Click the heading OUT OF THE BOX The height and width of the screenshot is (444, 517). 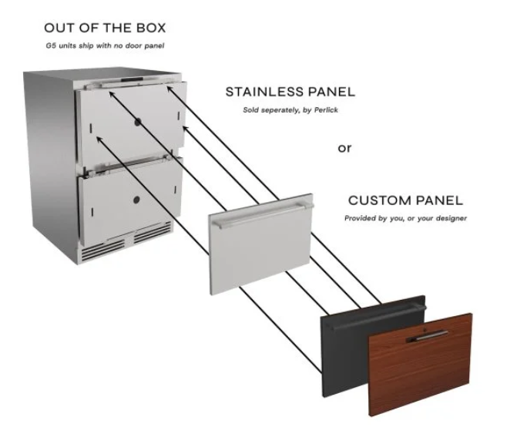coord(105,28)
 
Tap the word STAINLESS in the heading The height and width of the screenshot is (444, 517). coord(264,92)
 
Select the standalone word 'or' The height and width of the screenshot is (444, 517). coord(344,148)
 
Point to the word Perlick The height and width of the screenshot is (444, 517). coord(326,110)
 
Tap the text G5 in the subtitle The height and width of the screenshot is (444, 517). coord(51,45)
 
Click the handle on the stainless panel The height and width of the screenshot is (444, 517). coord(263,215)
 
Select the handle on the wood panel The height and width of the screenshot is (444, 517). coord(428,336)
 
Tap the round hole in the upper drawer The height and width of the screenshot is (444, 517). coord(138,122)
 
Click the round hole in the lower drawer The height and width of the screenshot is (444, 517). coord(136,200)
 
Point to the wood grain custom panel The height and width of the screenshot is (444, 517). coord(420,365)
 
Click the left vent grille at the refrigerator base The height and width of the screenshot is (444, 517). coord(103,249)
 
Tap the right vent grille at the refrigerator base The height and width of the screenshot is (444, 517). coord(153,232)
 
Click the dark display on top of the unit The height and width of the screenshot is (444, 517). coord(132,79)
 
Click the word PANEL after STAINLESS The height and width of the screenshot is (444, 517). coord(331,92)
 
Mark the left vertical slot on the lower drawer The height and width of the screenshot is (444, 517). coord(92,212)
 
